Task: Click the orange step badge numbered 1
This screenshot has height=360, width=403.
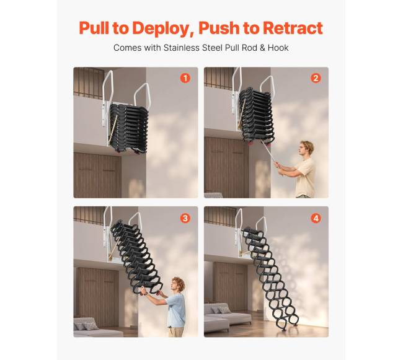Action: coord(185,78)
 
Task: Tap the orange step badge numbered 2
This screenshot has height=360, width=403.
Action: coord(316,78)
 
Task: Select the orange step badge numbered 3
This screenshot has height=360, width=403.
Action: coord(185,218)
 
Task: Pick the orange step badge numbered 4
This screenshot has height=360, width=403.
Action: coord(316,218)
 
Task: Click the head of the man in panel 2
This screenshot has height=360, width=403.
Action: coord(307,149)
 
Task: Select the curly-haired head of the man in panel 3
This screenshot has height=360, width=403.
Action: coord(178,285)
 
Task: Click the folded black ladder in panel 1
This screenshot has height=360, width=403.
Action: coord(128,128)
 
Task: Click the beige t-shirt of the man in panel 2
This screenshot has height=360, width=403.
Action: coord(306,177)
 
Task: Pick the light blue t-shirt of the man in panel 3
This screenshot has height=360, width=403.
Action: coord(177,310)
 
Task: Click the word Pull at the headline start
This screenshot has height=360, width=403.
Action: coord(94,28)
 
